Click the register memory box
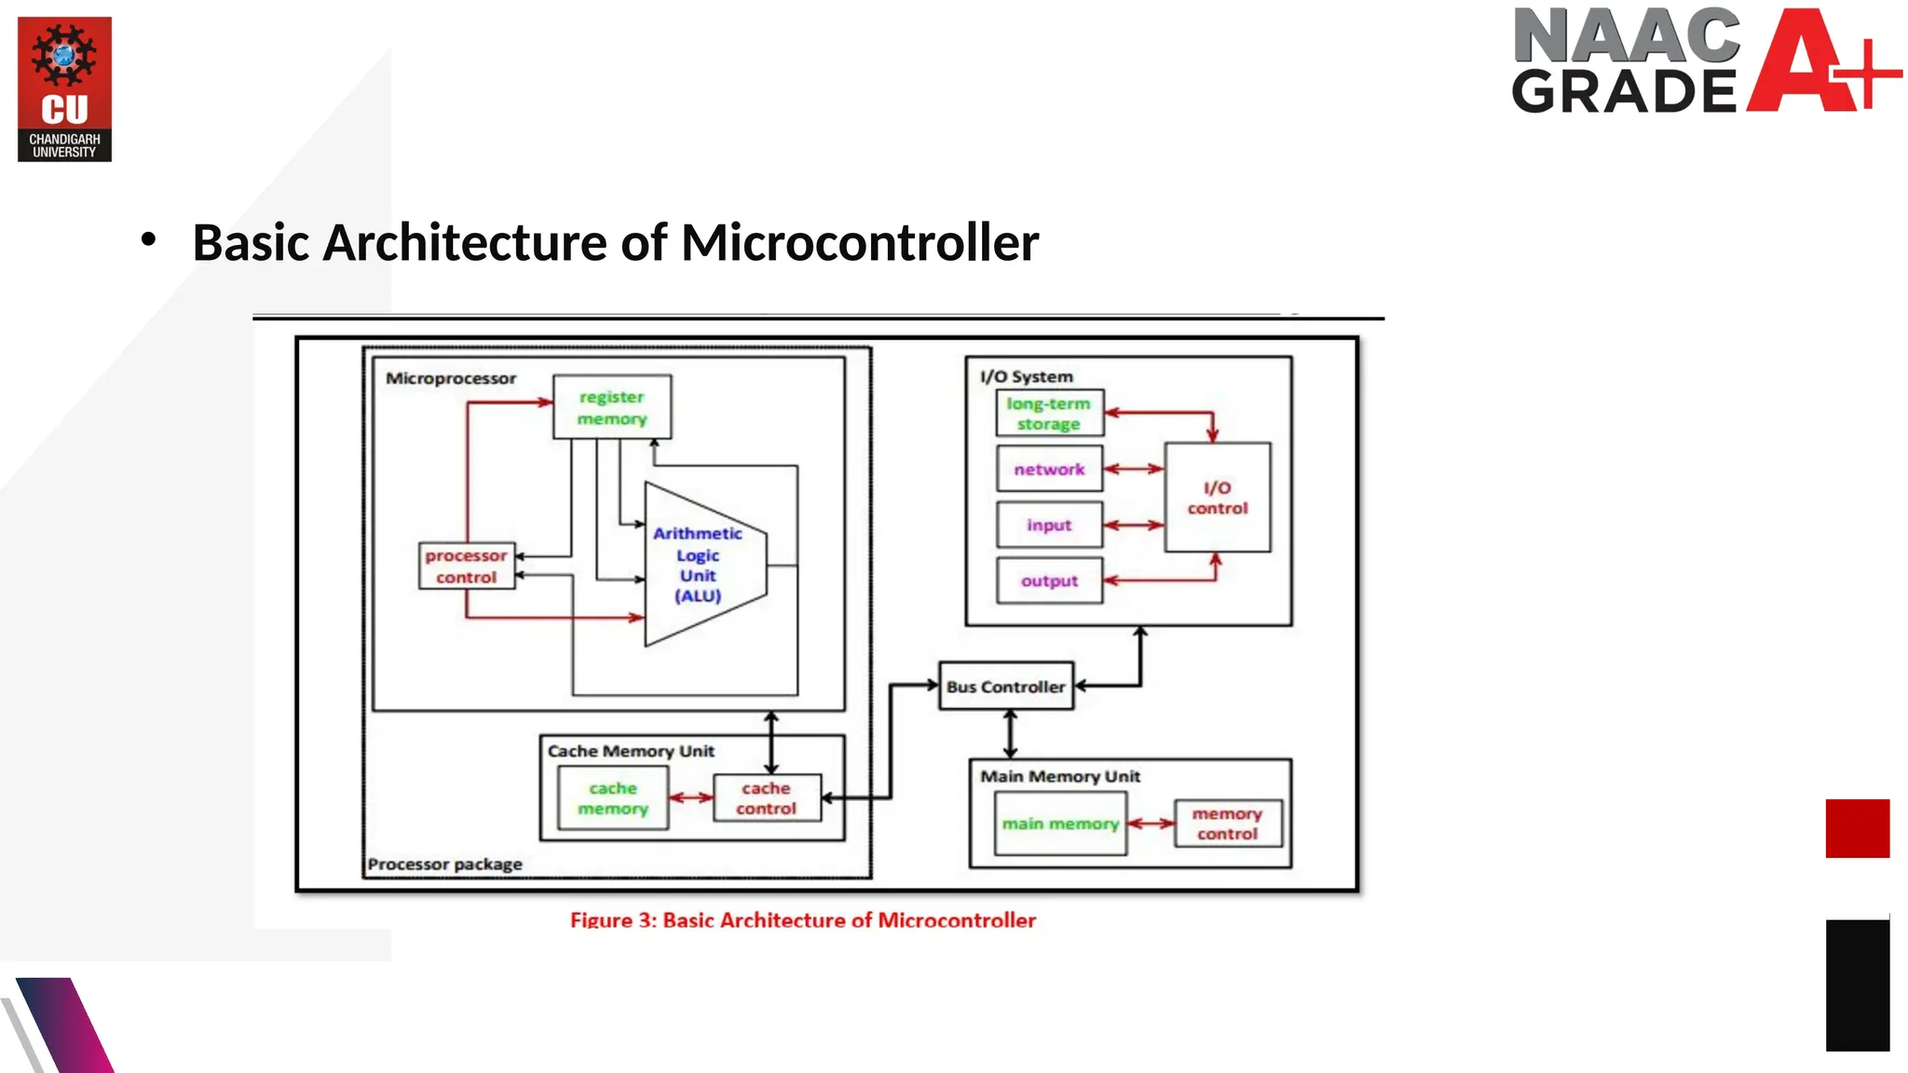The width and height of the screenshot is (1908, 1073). pos(611,407)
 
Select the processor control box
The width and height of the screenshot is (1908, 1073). pos(466,565)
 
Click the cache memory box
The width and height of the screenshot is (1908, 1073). pos(612,798)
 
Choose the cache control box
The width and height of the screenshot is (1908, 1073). pos(767,798)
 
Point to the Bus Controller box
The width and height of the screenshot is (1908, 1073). pos(1005,686)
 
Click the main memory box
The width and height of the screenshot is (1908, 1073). pos(1059,823)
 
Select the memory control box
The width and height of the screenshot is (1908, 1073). pos(1227,823)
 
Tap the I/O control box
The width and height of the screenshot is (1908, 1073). pos(1217,497)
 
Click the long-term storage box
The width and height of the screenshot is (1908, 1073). pos(1049,414)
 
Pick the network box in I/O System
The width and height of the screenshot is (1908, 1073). pos(1049,469)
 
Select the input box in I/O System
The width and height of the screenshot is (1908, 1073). pos(1049,525)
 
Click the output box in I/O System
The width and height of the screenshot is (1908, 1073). pos(1049,581)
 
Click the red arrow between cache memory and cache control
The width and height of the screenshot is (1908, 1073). pos(691,798)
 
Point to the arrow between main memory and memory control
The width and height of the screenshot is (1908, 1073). pos(1151,823)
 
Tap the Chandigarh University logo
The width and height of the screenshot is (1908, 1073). pos(64,89)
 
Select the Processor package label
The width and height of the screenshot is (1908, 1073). pos(444,864)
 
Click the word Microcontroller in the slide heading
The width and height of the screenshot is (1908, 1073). pos(859,243)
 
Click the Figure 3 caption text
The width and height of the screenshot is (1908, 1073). pos(802,920)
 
